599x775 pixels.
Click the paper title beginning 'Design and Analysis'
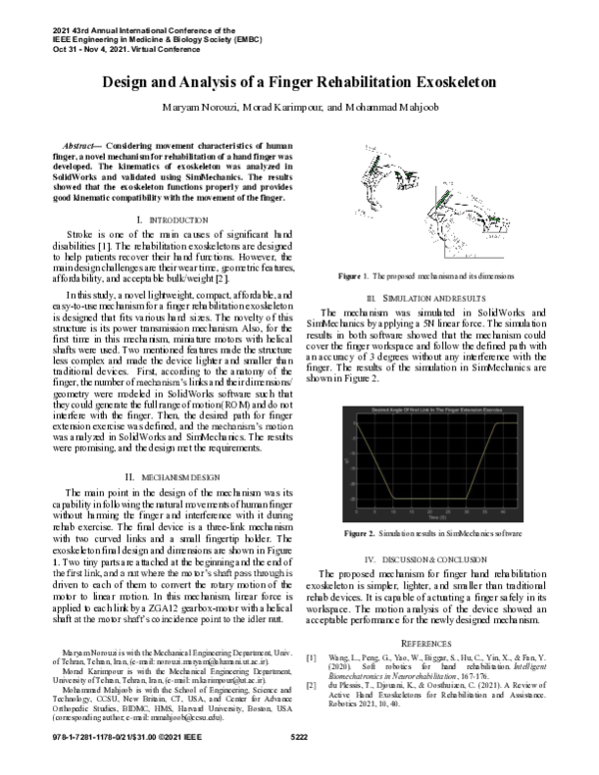click(x=299, y=83)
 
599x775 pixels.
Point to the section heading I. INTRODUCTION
click(x=167, y=218)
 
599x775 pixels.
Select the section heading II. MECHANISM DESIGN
click(x=167, y=478)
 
